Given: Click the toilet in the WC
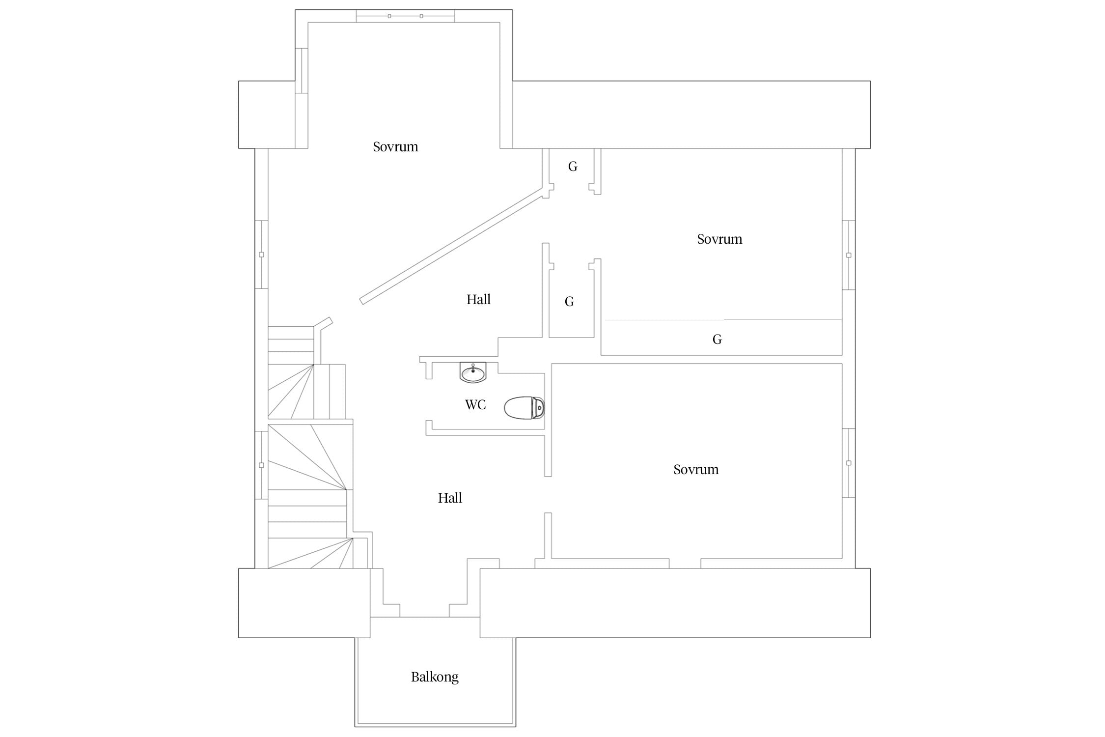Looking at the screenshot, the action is click(x=525, y=407).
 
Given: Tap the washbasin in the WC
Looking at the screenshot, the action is click(x=473, y=372).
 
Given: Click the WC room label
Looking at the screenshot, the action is click(x=475, y=405).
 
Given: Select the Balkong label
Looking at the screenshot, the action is click(x=435, y=677).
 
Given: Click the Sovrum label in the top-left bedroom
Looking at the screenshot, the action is click(x=395, y=147).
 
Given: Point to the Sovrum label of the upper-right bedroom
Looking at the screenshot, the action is click(x=719, y=239).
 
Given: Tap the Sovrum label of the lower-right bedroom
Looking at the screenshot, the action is click(x=696, y=470).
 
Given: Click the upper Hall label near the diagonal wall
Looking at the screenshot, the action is click(x=478, y=299).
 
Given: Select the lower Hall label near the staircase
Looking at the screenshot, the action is click(x=450, y=498).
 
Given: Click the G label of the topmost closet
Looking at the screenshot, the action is click(x=573, y=167).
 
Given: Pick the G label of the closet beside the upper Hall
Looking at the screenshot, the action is click(x=569, y=302).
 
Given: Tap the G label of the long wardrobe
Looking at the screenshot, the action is click(x=717, y=340).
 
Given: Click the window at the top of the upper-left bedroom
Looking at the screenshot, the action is click(x=405, y=16).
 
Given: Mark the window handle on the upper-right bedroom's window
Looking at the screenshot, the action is click(x=849, y=255).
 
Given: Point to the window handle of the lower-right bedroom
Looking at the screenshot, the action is click(x=849, y=463).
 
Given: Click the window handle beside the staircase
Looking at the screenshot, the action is click(x=261, y=465).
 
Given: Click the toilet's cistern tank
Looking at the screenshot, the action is click(x=539, y=408).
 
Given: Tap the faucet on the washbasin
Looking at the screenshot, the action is click(x=473, y=368).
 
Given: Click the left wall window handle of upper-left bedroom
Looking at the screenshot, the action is click(x=261, y=255).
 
